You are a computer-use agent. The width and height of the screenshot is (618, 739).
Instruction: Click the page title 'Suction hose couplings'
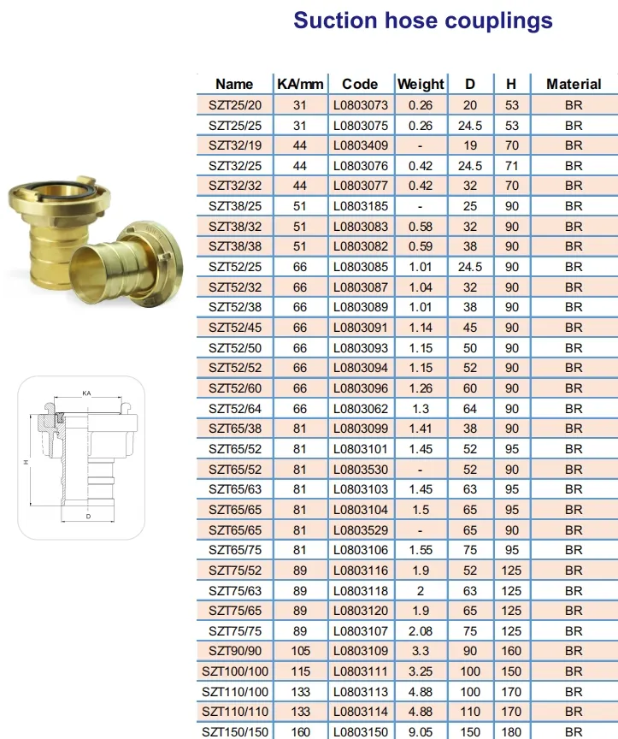(422, 21)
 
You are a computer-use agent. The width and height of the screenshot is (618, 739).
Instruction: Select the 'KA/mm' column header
(300, 84)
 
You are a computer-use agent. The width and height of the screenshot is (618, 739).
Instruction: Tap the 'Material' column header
(574, 84)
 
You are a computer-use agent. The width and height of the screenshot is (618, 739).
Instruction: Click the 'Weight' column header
(421, 84)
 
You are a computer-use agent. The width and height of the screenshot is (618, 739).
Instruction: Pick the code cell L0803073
(360, 105)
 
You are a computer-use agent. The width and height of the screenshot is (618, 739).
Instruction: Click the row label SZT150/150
(234, 731)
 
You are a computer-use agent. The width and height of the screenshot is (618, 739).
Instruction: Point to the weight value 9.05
(421, 731)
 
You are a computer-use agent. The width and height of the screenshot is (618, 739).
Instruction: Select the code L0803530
(360, 470)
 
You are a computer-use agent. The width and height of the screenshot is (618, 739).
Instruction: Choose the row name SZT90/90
(234, 651)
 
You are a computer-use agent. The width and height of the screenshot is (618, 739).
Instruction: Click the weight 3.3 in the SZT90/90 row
(421, 651)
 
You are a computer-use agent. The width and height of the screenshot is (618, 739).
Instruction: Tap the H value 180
(511, 731)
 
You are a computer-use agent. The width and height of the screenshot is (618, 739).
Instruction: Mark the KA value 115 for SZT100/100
(300, 671)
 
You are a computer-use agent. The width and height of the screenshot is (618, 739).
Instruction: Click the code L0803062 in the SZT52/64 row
(360, 409)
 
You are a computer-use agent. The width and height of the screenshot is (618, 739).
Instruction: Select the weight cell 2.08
(421, 631)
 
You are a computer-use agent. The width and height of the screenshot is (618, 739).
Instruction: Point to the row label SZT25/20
(234, 105)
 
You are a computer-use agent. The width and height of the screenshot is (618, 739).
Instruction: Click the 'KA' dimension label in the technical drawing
(86, 393)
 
